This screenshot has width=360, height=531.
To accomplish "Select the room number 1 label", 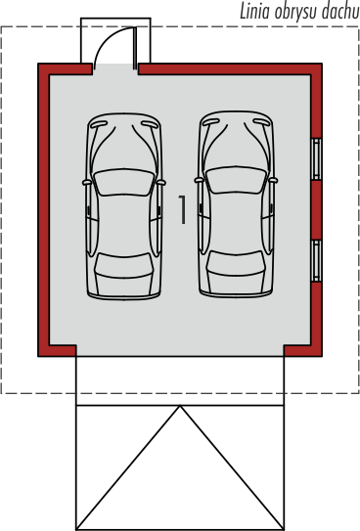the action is pos(182,209).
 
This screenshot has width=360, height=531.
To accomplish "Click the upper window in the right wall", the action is pos(316,158).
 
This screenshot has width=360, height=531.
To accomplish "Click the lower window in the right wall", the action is pos(316,261).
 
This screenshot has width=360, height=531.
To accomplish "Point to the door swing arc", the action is pos(109,38).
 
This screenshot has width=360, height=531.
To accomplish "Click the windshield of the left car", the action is pos(124,182).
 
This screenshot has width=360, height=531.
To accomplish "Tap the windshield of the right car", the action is pos(236,180).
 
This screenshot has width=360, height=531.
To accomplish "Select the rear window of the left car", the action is pos(123,265).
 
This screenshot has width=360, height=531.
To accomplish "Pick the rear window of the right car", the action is pos(236,263).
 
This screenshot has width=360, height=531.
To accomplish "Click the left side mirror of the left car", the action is pos(87,183).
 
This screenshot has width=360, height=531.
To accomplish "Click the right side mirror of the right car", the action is pos(273,181).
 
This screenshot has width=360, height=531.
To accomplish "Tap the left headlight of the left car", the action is pos(99,124).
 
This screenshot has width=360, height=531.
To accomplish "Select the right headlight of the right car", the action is pos(261,122).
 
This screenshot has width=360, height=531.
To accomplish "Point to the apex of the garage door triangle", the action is pos(180,406).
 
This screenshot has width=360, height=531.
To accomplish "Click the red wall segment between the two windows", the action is pos(316,210).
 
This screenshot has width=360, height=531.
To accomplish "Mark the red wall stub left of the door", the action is pos(65,68).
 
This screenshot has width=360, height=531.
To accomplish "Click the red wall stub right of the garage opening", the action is pos(302,351).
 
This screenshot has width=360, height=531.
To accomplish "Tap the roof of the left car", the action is pos(124,225).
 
